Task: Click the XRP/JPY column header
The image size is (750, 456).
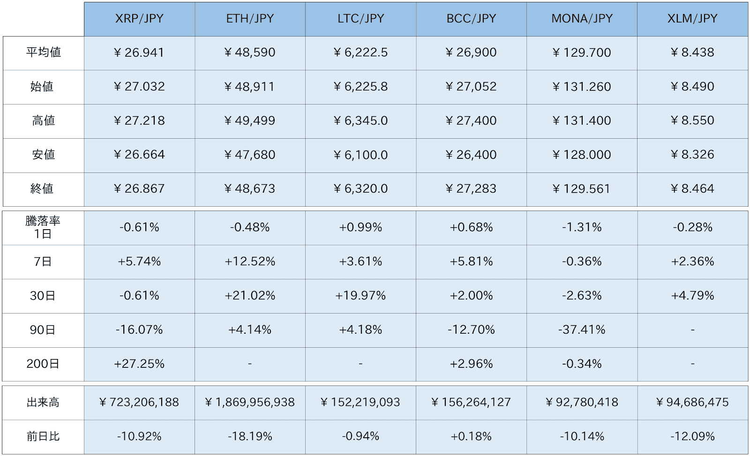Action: click(x=139, y=19)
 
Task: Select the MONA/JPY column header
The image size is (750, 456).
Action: click(x=582, y=19)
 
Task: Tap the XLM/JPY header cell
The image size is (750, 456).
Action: click(x=692, y=19)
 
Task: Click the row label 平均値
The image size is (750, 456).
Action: click(x=43, y=52)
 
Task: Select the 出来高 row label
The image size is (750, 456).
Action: click(x=43, y=403)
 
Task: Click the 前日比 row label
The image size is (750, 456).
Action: click(x=43, y=437)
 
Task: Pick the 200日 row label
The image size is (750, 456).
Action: click(x=43, y=364)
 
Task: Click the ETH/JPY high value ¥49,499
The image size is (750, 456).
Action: click(x=249, y=121)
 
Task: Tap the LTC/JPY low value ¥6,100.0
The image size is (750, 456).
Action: click(x=360, y=155)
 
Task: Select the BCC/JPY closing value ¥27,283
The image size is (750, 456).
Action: click(x=471, y=189)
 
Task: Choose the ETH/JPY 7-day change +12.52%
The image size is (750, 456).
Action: click(x=250, y=262)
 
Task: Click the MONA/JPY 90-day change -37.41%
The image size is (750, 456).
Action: click(x=582, y=330)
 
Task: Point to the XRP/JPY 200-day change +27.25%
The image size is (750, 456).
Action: click(x=139, y=364)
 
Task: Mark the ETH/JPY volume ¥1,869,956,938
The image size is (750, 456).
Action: click(x=249, y=403)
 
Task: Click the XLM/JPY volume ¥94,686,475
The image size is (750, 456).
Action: click(x=692, y=403)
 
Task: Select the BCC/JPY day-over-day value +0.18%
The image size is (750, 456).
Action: click(x=471, y=437)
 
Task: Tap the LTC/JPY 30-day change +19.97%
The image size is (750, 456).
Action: click(x=360, y=296)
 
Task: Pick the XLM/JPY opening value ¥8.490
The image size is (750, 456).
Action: click(x=692, y=87)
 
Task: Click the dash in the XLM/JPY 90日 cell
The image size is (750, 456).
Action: click(x=692, y=330)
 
